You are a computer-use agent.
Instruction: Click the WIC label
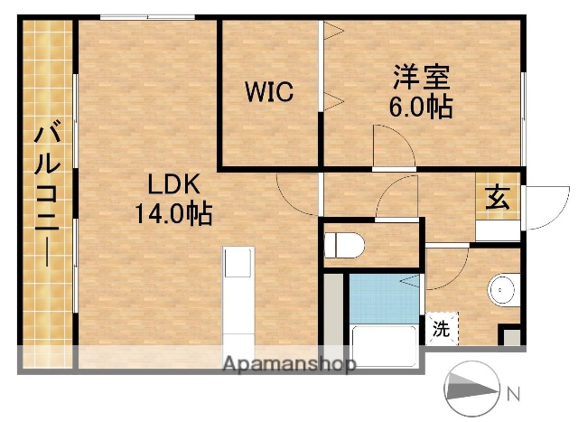(x=266, y=92)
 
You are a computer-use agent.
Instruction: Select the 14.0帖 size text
(x=173, y=214)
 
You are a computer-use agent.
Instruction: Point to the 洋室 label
(x=421, y=76)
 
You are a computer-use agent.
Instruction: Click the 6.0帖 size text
(x=421, y=105)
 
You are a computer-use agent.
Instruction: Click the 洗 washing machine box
(x=443, y=327)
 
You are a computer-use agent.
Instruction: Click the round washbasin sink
(x=502, y=289)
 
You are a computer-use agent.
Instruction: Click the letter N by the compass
(x=513, y=393)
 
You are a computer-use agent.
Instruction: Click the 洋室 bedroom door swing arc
(x=390, y=145)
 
